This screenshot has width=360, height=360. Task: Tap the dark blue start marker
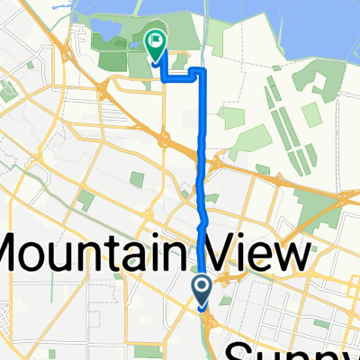click(202, 290)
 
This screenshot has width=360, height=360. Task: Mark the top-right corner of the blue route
click(202, 71)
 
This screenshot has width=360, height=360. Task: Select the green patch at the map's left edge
click(6, 91)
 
